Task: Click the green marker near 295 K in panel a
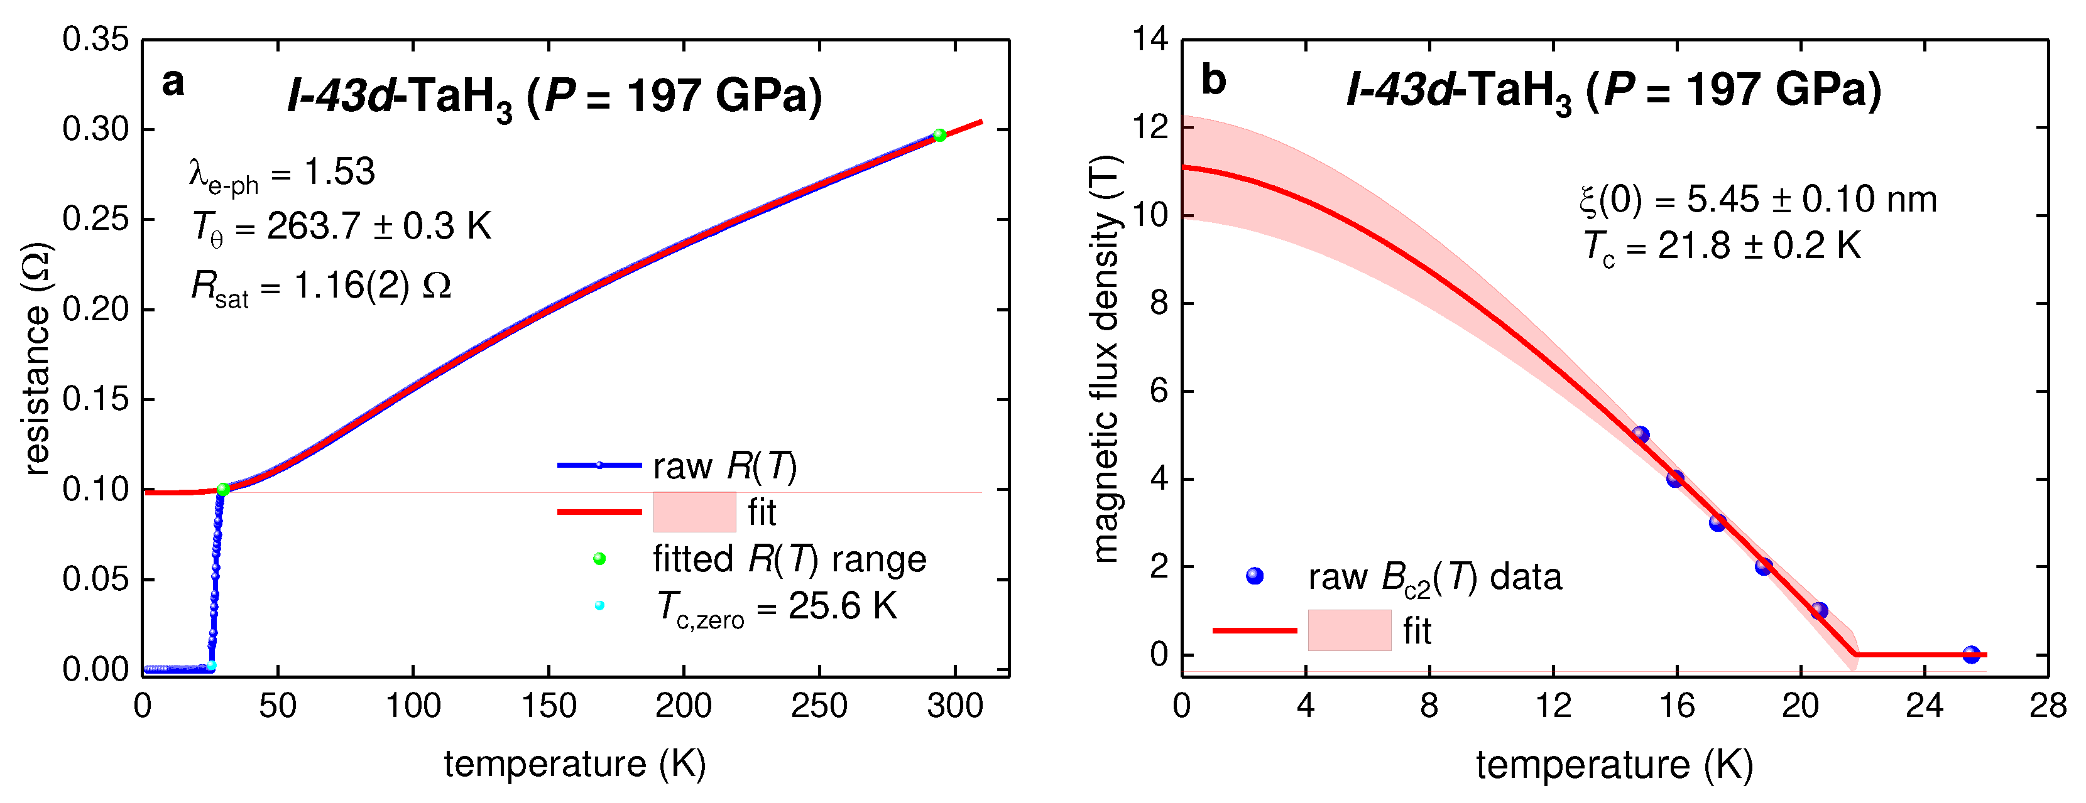[939, 135]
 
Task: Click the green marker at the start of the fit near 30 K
[224, 489]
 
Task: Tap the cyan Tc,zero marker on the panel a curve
[211, 666]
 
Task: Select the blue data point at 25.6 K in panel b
[1972, 655]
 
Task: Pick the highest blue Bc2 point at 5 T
[1641, 434]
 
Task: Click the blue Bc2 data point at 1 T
[1820, 610]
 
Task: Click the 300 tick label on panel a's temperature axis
[955, 706]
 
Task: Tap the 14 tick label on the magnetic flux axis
[1150, 39]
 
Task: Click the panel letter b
[1213, 81]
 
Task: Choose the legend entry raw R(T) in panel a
[724, 466]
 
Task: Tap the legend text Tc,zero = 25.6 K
[776, 607]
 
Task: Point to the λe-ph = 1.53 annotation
[282, 174]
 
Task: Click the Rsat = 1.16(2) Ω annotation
[320, 286]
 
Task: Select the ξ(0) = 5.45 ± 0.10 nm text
[1757, 199]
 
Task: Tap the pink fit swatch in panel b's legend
[1349, 630]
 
